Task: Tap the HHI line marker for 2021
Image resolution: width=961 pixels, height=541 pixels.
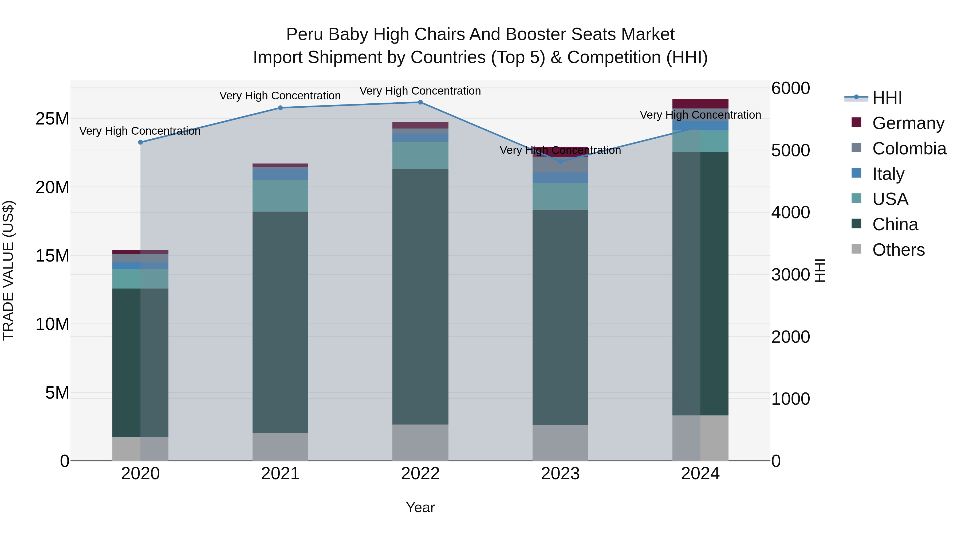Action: point(281,108)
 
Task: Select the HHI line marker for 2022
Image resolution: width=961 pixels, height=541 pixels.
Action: point(420,102)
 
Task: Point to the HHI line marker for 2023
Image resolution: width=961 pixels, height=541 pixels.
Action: point(560,162)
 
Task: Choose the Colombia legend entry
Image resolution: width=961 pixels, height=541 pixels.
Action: point(909,149)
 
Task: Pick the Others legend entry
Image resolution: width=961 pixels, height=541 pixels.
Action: point(898,250)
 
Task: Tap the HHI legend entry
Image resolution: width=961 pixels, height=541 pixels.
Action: point(887,98)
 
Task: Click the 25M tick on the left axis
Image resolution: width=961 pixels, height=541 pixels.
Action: point(52,119)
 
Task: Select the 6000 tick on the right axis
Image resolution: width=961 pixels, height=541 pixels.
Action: point(790,88)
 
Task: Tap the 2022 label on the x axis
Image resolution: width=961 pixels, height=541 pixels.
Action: point(420,474)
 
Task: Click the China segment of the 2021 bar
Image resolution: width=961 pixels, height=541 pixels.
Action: point(281,321)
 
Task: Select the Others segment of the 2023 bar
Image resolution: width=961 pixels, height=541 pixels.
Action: point(560,442)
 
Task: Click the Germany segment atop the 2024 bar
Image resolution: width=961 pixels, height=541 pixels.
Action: point(700,103)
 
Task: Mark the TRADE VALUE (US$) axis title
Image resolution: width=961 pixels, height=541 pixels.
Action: point(8,270)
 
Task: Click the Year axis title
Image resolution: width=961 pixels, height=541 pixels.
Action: point(420,507)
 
